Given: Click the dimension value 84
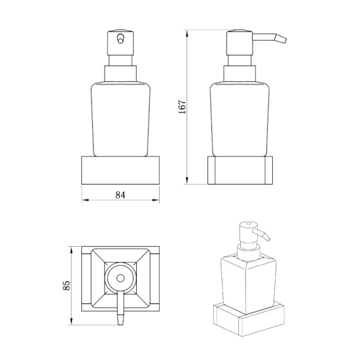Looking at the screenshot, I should click(120, 194).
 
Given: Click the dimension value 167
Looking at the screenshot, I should click(183, 107).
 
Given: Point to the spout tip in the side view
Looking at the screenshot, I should click(285, 41).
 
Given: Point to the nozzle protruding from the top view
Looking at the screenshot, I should click(120, 313).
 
